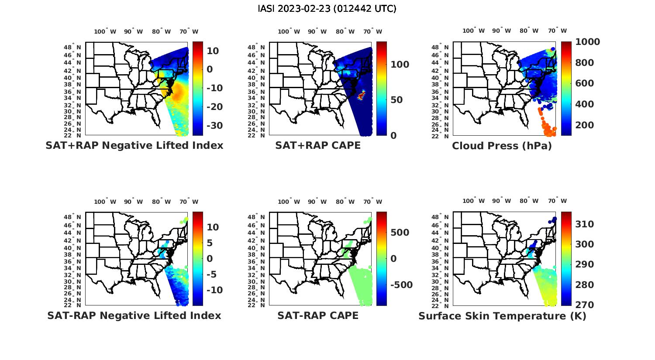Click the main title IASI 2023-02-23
coord(327,9)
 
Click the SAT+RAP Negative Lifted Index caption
coord(134,146)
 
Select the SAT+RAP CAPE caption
coord(318,146)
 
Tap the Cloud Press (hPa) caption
coord(502,146)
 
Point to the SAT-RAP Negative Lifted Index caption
coord(134,315)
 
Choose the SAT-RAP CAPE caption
coord(318,315)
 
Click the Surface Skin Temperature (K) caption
coord(502,315)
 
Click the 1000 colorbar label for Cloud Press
coord(587,42)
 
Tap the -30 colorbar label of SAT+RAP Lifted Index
coord(214,126)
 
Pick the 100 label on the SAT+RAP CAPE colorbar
coord(400,65)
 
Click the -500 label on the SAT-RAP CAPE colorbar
coord(400,285)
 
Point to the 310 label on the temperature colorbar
coord(584,224)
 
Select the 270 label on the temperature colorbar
coord(584,305)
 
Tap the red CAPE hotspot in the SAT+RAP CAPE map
coord(362,95)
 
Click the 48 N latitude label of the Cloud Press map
coord(440,47)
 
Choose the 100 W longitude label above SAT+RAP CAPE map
coord(289,31)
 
